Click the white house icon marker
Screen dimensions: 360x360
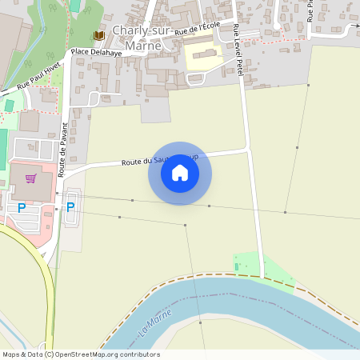[180, 173]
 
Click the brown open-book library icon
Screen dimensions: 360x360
[99, 36]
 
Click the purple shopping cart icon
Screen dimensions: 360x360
[30, 179]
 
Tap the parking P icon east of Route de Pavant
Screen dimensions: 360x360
[70, 206]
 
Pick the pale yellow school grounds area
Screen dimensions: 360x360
[205, 57]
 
